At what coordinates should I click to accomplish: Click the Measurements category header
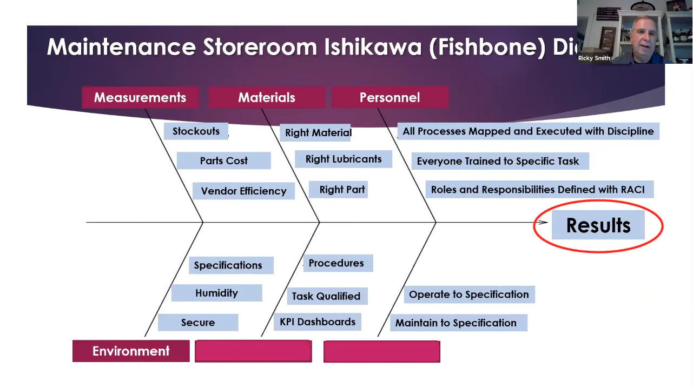click(x=140, y=98)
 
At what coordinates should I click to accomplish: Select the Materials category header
click(x=266, y=98)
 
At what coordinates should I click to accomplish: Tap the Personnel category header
click(x=390, y=98)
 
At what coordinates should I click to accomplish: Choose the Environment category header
click(x=131, y=351)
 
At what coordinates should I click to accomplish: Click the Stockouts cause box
click(x=196, y=131)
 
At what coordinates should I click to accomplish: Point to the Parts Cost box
click(x=223, y=160)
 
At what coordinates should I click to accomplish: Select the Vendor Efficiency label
click(x=243, y=191)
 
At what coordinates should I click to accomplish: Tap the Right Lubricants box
click(x=344, y=159)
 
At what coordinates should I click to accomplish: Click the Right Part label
click(x=342, y=190)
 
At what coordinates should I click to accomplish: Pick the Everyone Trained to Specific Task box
click(x=498, y=161)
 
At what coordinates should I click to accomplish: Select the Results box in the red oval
click(x=598, y=225)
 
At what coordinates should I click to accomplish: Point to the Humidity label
click(x=216, y=293)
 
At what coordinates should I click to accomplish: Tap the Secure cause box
click(x=198, y=323)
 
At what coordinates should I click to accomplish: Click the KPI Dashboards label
click(x=318, y=322)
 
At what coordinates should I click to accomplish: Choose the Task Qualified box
click(x=326, y=296)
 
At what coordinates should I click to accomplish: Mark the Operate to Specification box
click(x=468, y=295)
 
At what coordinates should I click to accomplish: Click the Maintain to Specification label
click(x=456, y=323)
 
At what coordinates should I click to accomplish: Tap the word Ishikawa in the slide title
click(x=373, y=48)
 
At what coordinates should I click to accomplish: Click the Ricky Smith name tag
click(x=594, y=58)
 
